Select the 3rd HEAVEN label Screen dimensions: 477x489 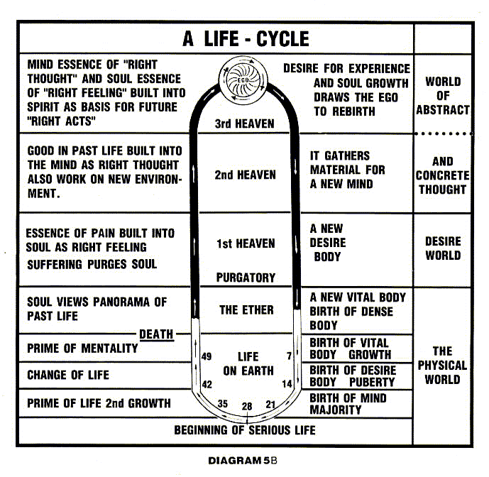(x=244, y=124)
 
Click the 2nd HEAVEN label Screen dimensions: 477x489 (x=245, y=175)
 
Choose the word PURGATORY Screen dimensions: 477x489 (x=245, y=277)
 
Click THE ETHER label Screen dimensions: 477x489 (x=243, y=309)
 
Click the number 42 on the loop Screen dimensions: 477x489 (x=207, y=384)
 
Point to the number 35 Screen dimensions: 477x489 (x=222, y=404)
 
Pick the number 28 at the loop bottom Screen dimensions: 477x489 (x=246, y=407)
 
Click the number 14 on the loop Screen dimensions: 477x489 (x=287, y=384)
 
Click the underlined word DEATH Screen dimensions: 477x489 (x=156, y=334)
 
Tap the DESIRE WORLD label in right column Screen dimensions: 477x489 (x=443, y=248)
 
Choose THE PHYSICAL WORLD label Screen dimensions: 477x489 (x=443, y=365)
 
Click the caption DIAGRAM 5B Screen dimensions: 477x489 (x=247, y=460)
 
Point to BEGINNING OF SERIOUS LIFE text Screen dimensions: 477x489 (x=245, y=429)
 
